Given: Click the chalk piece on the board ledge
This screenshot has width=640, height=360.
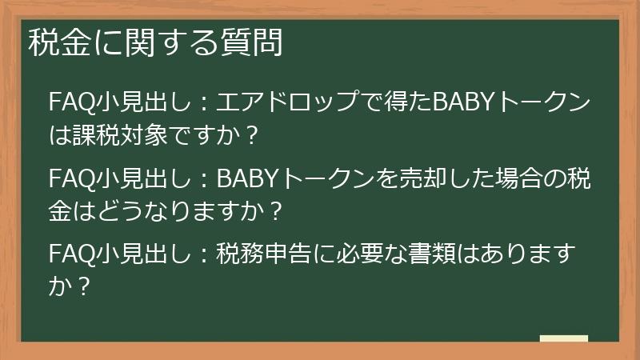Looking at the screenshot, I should coord(564,339).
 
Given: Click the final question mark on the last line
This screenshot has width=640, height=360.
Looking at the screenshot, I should coord(80,286).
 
